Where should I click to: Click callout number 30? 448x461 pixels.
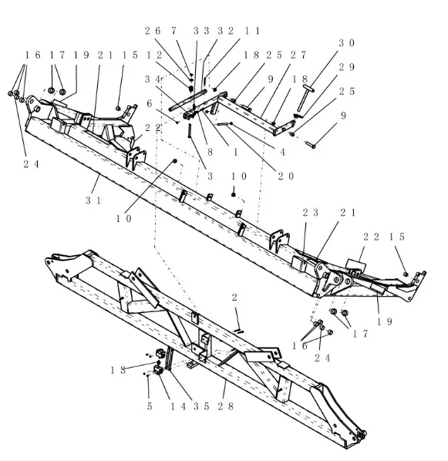point(346,43)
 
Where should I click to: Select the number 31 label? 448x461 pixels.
point(93,200)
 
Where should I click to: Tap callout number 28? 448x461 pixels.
point(225,406)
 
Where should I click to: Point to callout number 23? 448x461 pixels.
point(311,213)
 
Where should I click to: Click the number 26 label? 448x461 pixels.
point(153,31)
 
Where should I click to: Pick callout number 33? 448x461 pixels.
point(201,31)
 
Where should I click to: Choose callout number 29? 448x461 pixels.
point(346,67)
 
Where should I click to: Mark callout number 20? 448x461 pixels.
point(285,176)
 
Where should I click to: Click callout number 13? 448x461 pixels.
point(118,370)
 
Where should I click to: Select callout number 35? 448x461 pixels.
point(201,406)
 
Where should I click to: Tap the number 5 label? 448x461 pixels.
point(150,406)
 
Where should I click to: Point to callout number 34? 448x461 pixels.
point(153,79)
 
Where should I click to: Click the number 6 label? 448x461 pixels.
point(150,103)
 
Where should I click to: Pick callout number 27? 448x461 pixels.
point(298,55)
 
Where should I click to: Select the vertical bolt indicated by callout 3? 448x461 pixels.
point(190,131)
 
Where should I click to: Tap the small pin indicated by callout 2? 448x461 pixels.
point(239,331)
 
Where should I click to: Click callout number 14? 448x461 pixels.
point(179,406)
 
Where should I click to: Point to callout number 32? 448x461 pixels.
point(226,31)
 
